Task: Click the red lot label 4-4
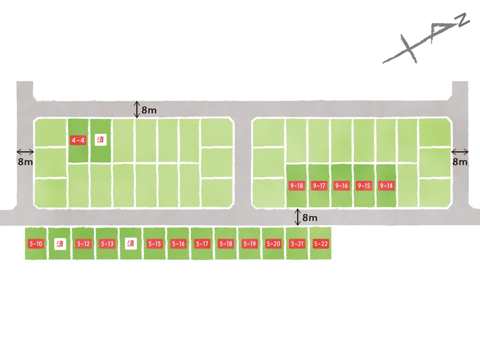78,140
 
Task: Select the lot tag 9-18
296,186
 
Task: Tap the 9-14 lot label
386,186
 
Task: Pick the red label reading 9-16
341,186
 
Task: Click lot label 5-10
36,244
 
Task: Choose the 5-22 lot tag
321,244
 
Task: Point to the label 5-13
107,244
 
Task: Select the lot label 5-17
202,244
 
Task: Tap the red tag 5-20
273,244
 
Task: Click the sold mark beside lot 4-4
100,140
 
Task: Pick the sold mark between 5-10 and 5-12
60,244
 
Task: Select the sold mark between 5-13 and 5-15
131,244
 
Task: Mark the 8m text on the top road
149,110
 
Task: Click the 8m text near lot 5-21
310,218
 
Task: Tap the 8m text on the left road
25,162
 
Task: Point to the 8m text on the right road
460,162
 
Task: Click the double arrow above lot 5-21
298,217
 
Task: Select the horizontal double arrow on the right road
460,152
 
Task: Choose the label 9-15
364,186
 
